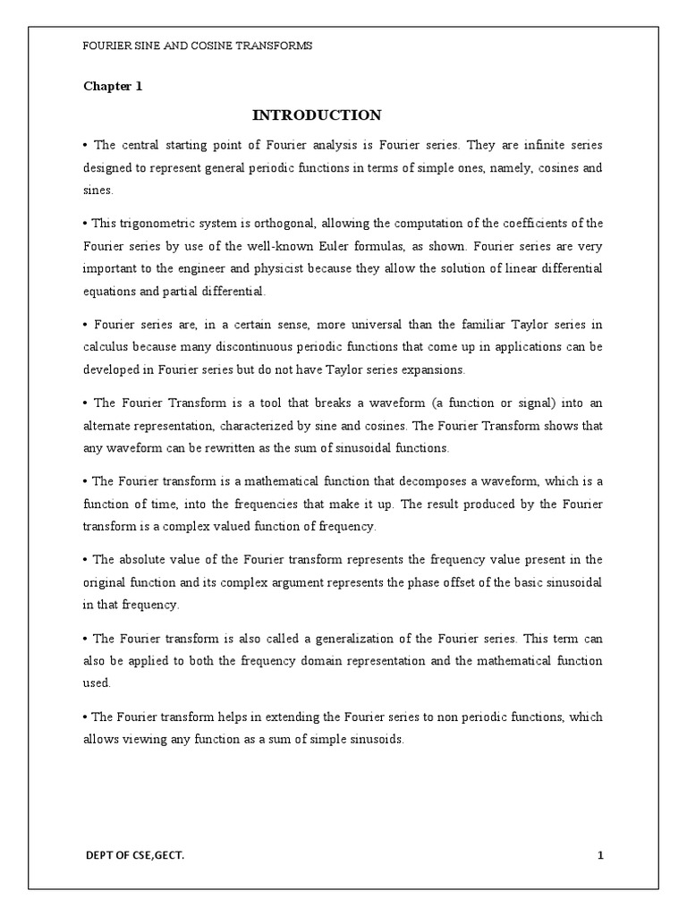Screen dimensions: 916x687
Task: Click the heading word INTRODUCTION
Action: coord(317,114)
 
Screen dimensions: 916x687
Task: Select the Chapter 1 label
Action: coord(113,87)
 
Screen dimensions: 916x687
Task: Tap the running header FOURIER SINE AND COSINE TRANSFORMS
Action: coord(198,47)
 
